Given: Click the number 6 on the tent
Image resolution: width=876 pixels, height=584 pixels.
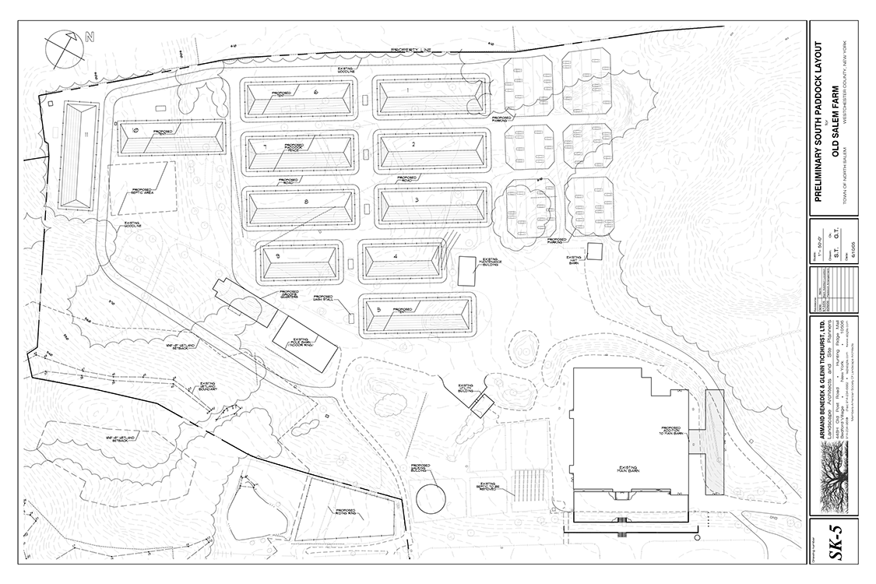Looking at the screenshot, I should (x=316, y=92).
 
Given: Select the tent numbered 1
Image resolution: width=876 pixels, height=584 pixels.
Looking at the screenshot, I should (x=430, y=100).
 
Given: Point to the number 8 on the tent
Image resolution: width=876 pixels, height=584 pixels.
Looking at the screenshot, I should (x=307, y=202).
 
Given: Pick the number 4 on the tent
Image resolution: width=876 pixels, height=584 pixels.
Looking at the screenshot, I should (x=396, y=256).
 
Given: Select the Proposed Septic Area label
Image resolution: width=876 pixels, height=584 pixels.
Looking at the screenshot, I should (x=141, y=189).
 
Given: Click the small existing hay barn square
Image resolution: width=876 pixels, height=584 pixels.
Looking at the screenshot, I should (x=594, y=252).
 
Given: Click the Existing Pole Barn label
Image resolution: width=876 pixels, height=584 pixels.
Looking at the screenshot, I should (x=301, y=343).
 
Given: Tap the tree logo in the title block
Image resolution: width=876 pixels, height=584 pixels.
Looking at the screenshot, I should (x=835, y=483).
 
